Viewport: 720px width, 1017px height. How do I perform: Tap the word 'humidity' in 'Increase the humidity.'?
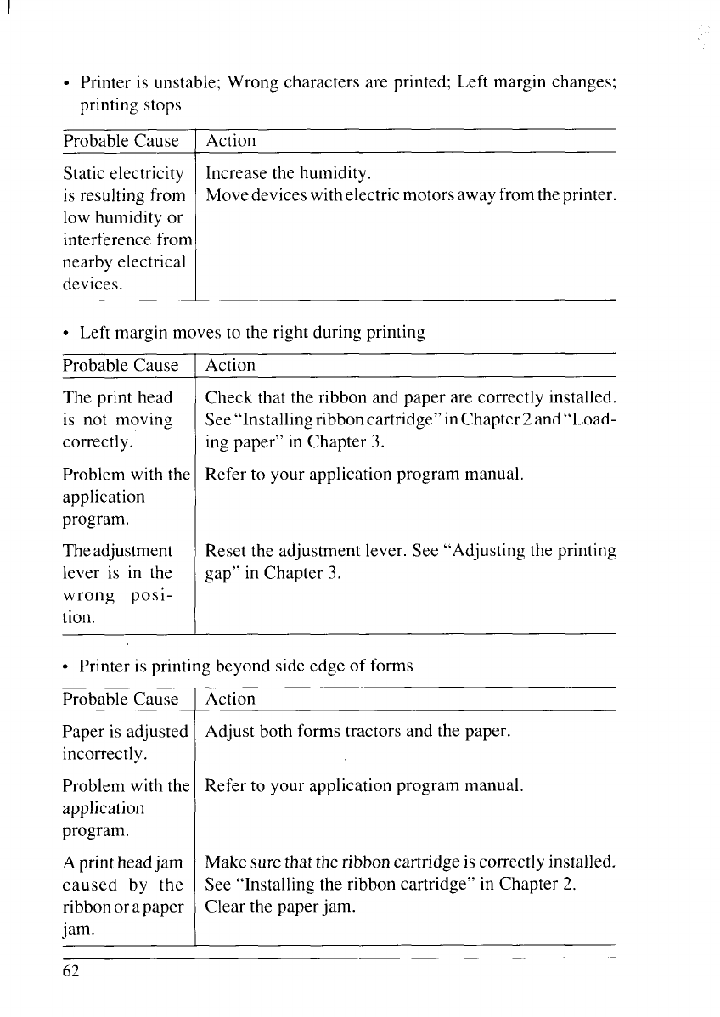[335, 175]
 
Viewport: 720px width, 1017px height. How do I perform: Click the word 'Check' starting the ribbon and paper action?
[225, 397]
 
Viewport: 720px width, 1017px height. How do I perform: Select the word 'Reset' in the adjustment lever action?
[225, 551]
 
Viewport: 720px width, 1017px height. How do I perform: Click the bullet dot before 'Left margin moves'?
[66, 334]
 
